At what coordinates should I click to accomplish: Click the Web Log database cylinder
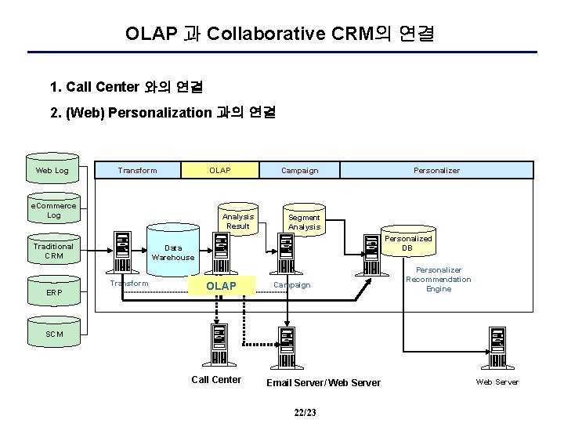[x=52, y=168]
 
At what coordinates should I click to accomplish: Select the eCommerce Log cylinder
[x=54, y=208]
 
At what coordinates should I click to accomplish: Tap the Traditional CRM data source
[x=54, y=249]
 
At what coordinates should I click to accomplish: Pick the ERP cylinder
[x=54, y=291]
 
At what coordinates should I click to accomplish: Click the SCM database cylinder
[x=54, y=331]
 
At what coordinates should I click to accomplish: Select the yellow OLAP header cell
[x=220, y=170]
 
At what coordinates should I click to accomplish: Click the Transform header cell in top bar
[x=138, y=170]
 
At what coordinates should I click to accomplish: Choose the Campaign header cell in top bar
[x=299, y=170]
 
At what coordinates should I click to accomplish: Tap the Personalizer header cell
[x=436, y=170]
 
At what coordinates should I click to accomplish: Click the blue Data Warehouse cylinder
[x=173, y=251]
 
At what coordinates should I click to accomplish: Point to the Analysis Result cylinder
[x=238, y=219]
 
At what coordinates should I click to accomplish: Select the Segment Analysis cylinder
[x=304, y=220]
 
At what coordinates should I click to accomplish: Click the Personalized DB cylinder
[x=409, y=241]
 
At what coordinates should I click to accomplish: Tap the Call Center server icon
[x=219, y=345]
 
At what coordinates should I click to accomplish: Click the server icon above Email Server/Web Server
[x=287, y=348]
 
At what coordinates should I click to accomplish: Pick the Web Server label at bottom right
[x=497, y=382]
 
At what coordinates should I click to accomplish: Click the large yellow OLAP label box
[x=222, y=286]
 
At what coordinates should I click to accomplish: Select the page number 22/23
[x=305, y=412]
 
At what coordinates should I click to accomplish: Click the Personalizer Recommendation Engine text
[x=439, y=280]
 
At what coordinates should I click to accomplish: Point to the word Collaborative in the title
[x=266, y=34]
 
